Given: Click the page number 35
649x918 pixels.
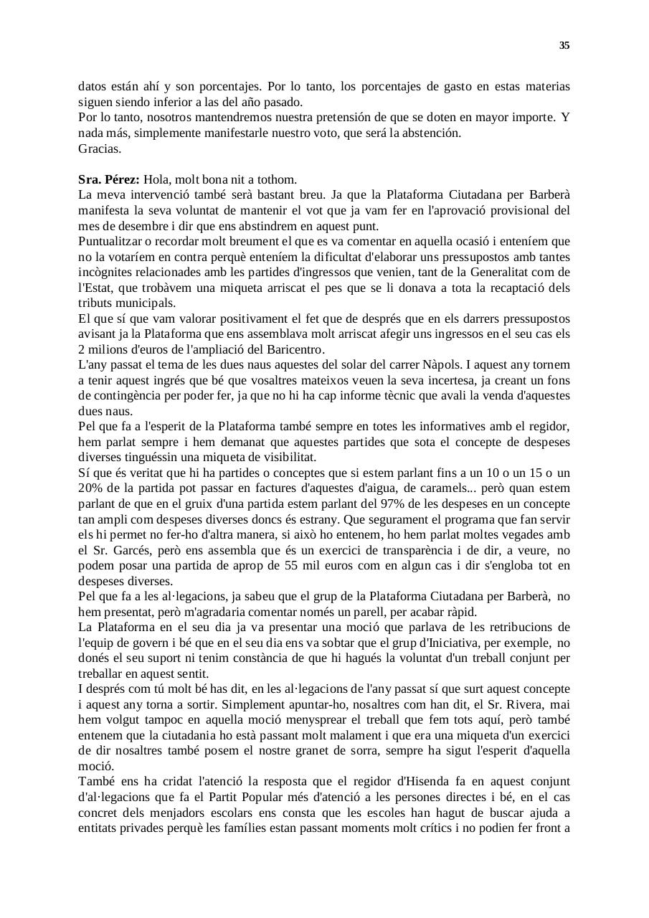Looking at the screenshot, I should point(564,46).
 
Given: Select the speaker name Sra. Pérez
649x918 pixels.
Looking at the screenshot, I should point(108,179).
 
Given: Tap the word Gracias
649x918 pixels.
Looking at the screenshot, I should point(100,149).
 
